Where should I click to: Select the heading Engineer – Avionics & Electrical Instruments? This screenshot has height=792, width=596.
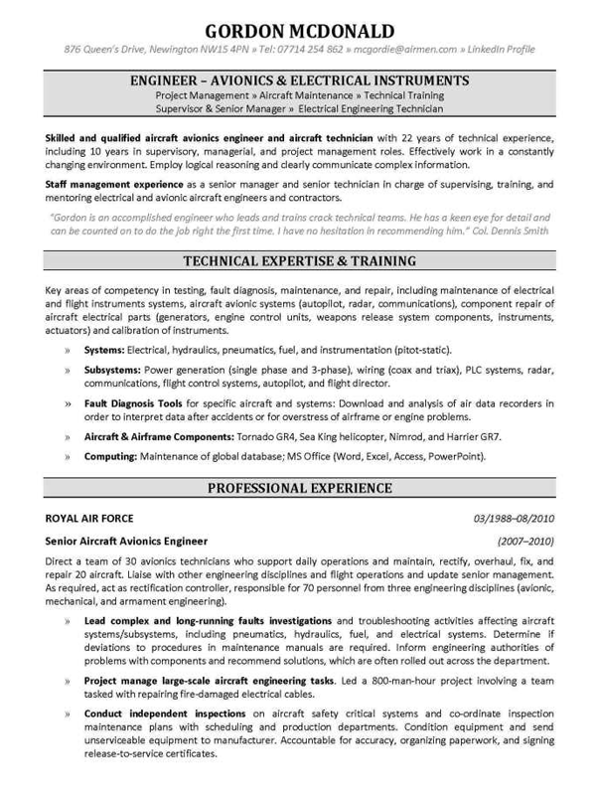pos(298,78)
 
